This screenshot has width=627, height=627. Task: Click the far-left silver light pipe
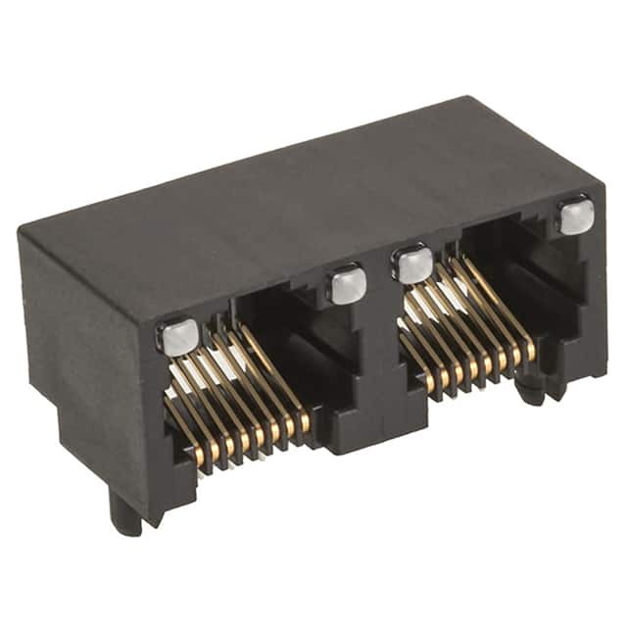point(178,336)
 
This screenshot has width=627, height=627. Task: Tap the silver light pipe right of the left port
point(347,284)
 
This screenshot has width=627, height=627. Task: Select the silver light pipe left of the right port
point(412,263)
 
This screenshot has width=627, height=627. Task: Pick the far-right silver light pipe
point(576,216)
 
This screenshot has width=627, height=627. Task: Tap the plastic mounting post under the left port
point(124,511)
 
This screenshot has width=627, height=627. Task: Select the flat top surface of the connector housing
point(294,196)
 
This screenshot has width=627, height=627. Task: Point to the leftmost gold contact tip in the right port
point(432,383)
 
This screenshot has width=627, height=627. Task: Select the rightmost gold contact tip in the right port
point(530,350)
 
